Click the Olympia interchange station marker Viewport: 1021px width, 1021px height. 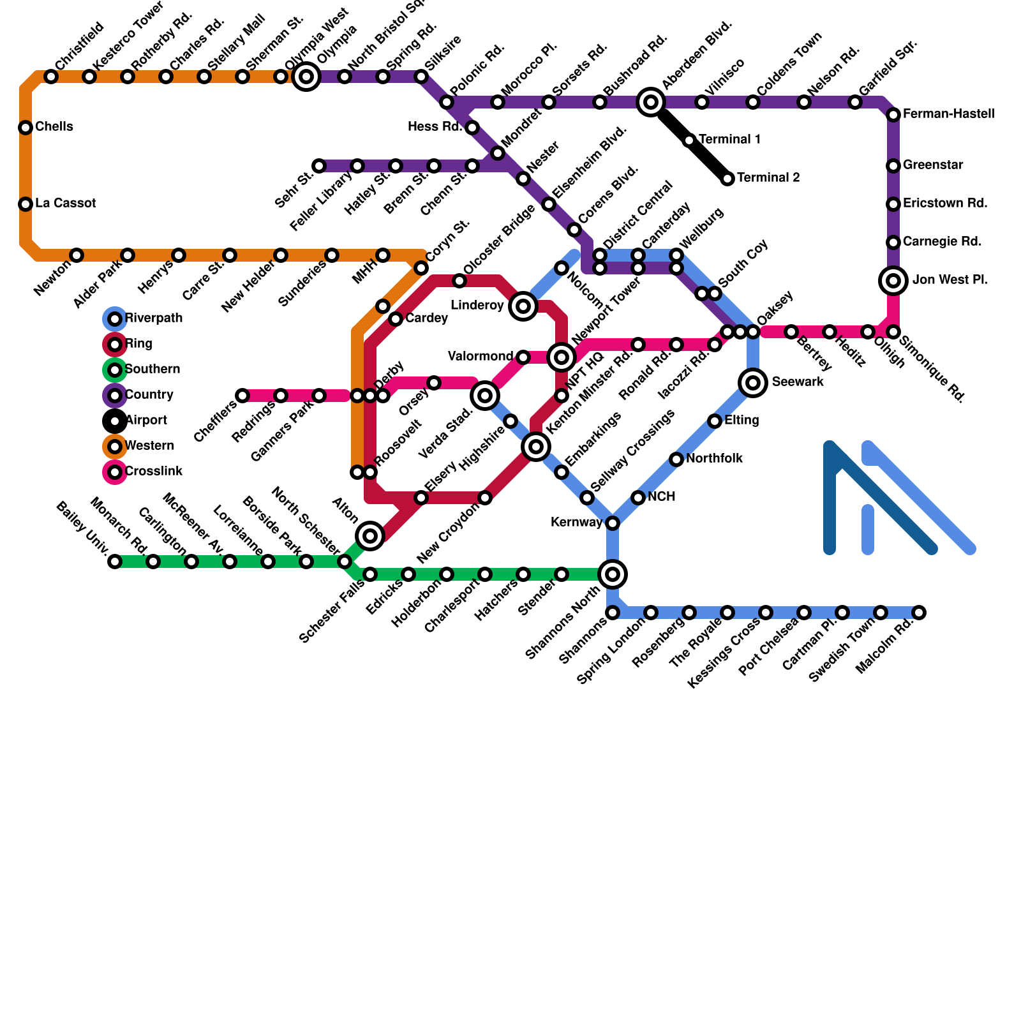(x=306, y=77)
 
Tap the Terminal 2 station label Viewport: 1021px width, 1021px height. (x=768, y=178)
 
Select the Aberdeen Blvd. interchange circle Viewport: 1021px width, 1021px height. (x=651, y=101)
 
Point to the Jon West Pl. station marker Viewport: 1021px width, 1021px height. (x=893, y=280)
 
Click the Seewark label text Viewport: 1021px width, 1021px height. (x=798, y=382)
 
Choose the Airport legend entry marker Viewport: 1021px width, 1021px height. (x=115, y=421)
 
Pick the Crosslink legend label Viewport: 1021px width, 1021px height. (x=154, y=472)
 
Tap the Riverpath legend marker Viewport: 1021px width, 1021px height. (x=115, y=318)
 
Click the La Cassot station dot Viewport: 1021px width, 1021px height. (x=26, y=204)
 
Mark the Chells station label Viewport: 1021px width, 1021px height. (x=54, y=127)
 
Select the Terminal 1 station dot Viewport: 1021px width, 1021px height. (x=689, y=140)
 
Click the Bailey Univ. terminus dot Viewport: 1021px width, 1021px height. (x=115, y=562)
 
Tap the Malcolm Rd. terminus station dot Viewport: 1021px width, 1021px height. (x=919, y=613)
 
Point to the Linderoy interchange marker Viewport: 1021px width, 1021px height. (x=523, y=306)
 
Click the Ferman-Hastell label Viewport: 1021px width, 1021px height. (x=949, y=114)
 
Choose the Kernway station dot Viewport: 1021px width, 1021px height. (x=613, y=523)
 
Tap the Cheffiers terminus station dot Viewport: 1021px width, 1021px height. (x=242, y=396)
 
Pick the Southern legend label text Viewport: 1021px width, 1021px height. (x=153, y=369)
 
